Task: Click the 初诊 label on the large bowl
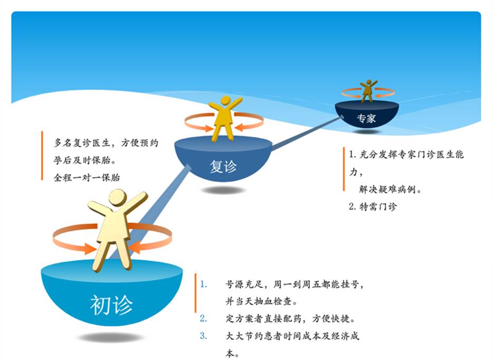pyautogui.click(x=111, y=305)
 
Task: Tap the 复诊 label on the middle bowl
pyautogui.click(x=223, y=167)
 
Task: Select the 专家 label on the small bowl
pyautogui.click(x=366, y=119)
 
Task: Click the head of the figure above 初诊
pyautogui.click(x=117, y=198)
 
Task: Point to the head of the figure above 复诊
pyautogui.click(x=225, y=100)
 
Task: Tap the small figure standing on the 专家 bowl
pyautogui.click(x=367, y=91)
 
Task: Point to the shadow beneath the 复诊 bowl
pyautogui.click(x=224, y=190)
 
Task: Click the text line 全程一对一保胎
pyautogui.click(x=87, y=177)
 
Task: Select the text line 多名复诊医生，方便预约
pyautogui.click(x=106, y=143)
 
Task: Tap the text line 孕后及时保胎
pyautogui.click(x=84, y=160)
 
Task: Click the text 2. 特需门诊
pyautogui.click(x=373, y=206)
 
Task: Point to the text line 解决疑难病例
pyautogui.click(x=390, y=189)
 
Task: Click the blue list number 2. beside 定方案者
pyautogui.click(x=203, y=318)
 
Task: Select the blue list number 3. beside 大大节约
pyautogui.click(x=203, y=336)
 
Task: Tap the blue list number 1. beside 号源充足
pyautogui.click(x=203, y=285)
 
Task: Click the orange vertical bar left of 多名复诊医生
pyautogui.click(x=42, y=156)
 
